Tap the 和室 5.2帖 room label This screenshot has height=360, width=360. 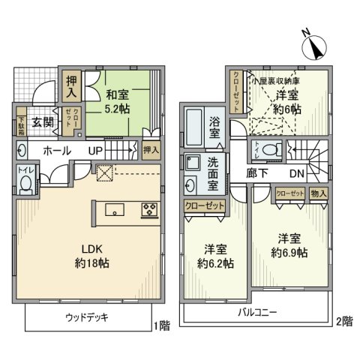click(117, 102)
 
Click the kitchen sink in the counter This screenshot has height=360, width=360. click(115, 209)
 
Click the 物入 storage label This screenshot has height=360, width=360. click(318, 193)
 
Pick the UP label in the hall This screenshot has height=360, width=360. click(97, 151)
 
